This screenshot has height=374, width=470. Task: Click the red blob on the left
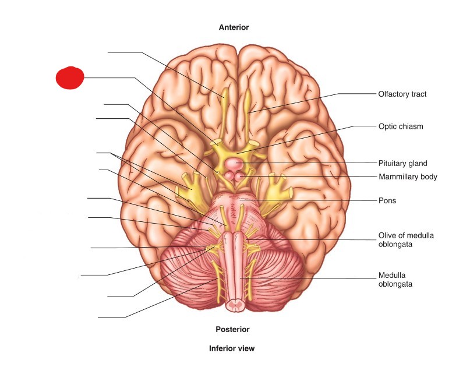70,77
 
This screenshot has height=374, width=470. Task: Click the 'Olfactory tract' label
402,94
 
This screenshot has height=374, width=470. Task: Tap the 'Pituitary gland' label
403,164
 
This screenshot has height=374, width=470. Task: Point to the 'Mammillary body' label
407,177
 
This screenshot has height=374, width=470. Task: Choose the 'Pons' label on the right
387,200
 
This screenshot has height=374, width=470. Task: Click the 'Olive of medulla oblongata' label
406,239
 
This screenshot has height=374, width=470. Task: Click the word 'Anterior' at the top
234,27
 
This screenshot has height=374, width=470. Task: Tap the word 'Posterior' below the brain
232,329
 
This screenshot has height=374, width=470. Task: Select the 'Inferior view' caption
232,348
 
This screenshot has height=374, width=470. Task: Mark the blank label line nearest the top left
123,52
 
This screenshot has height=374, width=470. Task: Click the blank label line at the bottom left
111,317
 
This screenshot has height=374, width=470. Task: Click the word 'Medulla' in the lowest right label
391,275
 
